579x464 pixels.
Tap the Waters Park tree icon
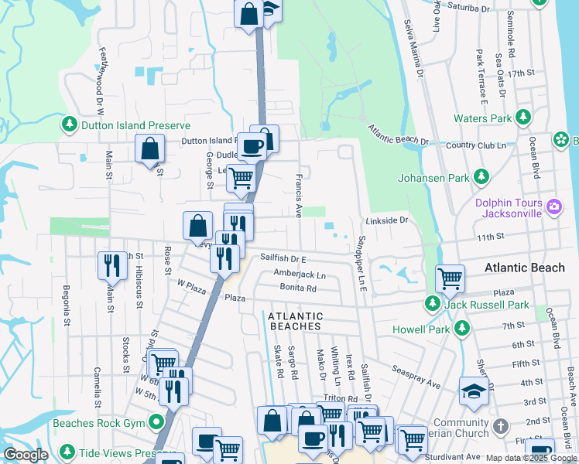click(524, 118)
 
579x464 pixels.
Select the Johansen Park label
click(433, 178)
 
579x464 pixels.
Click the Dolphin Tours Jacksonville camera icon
click(553, 206)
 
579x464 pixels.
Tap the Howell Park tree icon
click(462, 329)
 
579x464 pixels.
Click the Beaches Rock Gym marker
click(158, 423)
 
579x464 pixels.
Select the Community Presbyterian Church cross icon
click(501, 426)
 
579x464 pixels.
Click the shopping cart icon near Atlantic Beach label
click(450, 278)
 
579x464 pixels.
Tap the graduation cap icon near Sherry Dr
click(473, 391)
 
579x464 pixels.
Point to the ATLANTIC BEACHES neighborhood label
click(295, 321)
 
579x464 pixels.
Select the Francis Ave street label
click(299, 195)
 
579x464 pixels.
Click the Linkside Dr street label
click(387, 220)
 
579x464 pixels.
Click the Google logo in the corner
click(26, 455)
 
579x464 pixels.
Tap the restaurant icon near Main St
click(112, 264)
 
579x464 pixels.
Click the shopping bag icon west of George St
click(149, 148)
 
